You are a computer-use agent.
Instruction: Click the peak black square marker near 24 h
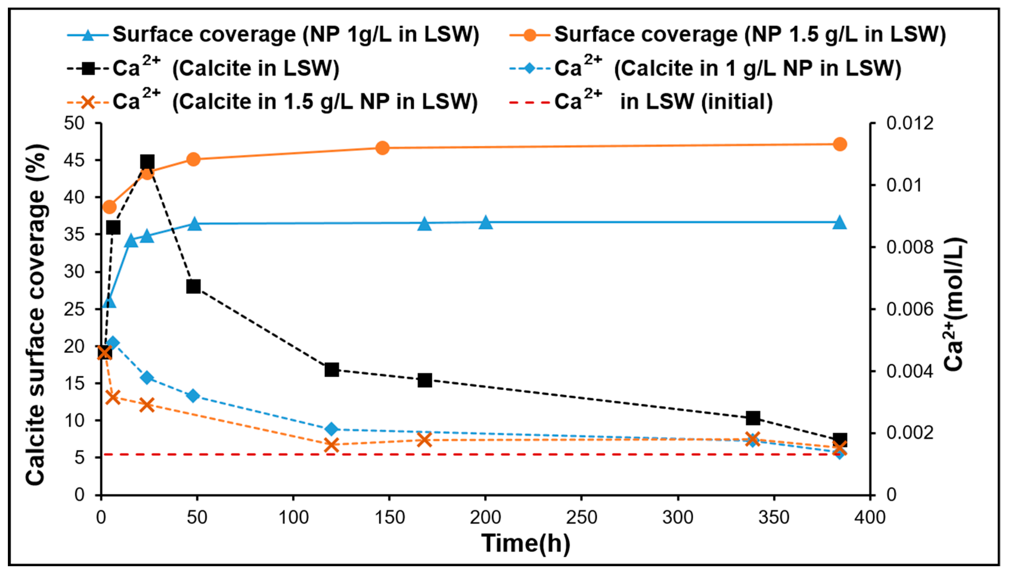pos(147,162)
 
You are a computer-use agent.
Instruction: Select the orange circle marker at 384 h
pos(840,144)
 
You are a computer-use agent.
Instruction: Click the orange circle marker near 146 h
pos(382,148)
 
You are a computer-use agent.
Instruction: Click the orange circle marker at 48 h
pos(193,159)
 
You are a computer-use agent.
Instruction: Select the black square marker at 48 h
pos(193,287)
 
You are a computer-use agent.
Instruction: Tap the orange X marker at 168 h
pos(425,440)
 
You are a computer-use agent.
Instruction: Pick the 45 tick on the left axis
pos(75,161)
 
